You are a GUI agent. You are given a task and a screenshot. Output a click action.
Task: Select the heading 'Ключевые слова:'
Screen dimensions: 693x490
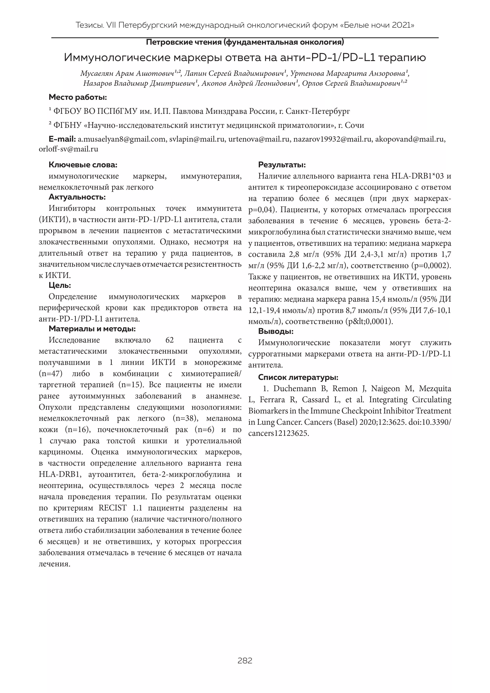click(x=83, y=165)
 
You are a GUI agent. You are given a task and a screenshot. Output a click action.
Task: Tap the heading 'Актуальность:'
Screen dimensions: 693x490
click(x=77, y=197)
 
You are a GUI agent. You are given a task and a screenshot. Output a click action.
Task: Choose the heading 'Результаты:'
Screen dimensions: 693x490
click(x=282, y=165)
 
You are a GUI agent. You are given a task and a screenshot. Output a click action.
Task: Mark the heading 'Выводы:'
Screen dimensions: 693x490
click(x=276, y=331)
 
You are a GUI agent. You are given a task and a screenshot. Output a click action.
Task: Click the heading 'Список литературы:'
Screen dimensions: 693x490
click(x=298, y=378)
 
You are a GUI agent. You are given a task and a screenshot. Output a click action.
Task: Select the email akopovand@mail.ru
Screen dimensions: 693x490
click(x=410, y=139)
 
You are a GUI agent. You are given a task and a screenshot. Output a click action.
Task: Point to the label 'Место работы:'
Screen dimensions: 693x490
click(x=78, y=98)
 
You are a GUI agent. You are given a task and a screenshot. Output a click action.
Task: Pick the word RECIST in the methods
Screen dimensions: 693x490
click(x=113, y=508)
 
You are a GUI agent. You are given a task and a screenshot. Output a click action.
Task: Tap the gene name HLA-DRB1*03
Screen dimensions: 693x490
click(x=417, y=176)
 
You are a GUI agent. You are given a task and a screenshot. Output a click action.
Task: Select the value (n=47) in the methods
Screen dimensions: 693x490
click(x=51, y=374)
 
